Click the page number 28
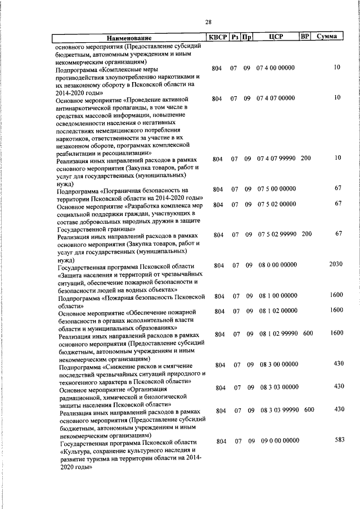point(208,22)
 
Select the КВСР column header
point(217,37)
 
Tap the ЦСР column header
point(276,37)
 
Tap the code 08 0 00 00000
point(277,265)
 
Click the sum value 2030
point(336,264)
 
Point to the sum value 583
point(339,440)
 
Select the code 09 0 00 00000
point(280,442)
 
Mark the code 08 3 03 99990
point(279,410)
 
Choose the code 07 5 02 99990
point(276,234)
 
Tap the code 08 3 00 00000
point(279,364)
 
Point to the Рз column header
point(235,37)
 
